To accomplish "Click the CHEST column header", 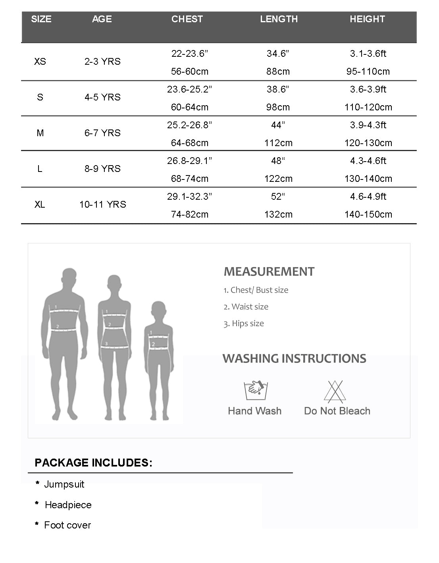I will click(187, 19).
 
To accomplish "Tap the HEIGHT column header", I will click(367, 19).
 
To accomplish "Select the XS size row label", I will click(40, 62).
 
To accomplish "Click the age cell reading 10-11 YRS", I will click(103, 204).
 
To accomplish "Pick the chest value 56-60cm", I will click(190, 71).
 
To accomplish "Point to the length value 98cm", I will click(278, 107).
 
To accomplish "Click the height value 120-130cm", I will click(368, 143).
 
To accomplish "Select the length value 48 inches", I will click(278, 161).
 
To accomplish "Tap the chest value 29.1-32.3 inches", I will click(190, 197).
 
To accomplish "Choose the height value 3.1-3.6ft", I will click(368, 54).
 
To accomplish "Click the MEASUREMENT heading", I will click(269, 272).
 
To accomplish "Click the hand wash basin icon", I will click(254, 390).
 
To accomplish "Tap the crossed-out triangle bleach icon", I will click(335, 391).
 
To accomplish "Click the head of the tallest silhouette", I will click(69, 278).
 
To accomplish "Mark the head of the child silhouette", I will click(158, 310).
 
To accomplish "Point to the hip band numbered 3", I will click(116, 347).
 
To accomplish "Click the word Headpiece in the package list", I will click(68, 505).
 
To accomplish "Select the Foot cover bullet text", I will click(67, 525).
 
